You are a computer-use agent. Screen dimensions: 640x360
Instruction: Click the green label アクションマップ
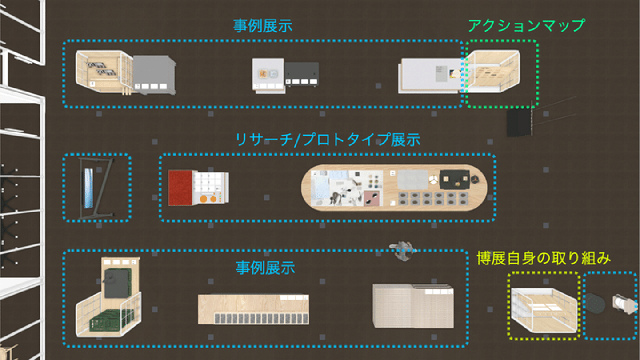tap(526, 26)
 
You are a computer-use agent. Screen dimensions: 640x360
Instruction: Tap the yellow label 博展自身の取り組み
tap(544, 258)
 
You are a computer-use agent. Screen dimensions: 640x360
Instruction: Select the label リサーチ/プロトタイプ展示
tap(328, 140)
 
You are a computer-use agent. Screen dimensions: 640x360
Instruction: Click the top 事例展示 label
tap(263, 26)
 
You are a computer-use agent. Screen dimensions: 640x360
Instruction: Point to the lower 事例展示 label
tap(265, 268)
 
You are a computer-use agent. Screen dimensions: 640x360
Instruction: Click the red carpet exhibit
tap(180, 188)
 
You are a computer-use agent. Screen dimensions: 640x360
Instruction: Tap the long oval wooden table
tap(394, 188)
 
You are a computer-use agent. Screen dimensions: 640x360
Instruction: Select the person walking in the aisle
tap(403, 251)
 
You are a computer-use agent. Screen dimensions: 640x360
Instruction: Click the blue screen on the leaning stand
tap(88, 188)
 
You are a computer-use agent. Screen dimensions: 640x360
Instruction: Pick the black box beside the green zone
tap(519, 122)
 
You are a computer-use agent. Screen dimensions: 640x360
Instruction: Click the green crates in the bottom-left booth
tap(112, 320)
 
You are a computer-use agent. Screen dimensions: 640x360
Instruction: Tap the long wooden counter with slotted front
tap(253, 309)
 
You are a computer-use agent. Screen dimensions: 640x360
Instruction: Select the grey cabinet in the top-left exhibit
tap(154, 74)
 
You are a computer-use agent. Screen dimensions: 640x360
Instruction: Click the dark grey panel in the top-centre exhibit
tap(302, 74)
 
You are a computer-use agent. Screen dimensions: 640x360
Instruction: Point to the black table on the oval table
tap(455, 180)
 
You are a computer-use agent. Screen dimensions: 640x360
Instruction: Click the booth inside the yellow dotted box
tap(544, 310)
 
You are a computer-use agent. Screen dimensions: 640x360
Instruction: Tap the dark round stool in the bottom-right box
tap(596, 304)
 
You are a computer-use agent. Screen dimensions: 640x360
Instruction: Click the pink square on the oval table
tap(373, 198)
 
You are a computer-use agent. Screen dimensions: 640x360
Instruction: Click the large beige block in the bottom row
tap(413, 306)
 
